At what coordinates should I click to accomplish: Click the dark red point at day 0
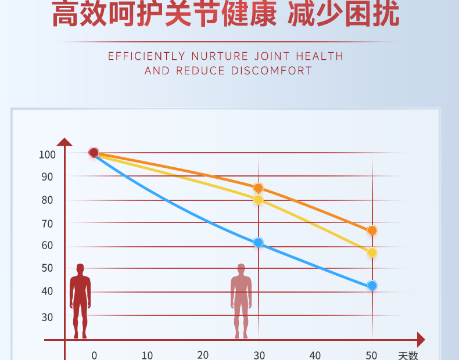(94, 153)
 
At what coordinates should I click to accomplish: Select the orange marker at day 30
(258, 188)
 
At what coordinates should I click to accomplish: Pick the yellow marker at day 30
(258, 200)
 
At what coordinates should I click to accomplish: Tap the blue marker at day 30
(258, 243)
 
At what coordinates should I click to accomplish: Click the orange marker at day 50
(372, 231)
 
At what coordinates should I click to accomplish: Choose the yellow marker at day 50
(372, 253)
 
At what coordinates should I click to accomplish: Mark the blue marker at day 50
(372, 286)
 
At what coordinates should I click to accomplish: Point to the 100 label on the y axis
(47, 154)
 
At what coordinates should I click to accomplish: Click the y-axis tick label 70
(47, 224)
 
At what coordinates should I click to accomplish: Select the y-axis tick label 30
(47, 317)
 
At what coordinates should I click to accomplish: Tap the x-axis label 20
(202, 355)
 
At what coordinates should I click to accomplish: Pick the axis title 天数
(408, 355)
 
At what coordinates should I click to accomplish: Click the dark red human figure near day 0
(80, 300)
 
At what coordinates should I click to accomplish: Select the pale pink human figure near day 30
(241, 300)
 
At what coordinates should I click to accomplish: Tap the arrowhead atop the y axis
(64, 142)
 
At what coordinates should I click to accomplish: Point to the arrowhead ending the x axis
(421, 340)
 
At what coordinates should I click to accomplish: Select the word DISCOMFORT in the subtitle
(272, 71)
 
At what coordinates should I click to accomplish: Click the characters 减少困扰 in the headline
(344, 15)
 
